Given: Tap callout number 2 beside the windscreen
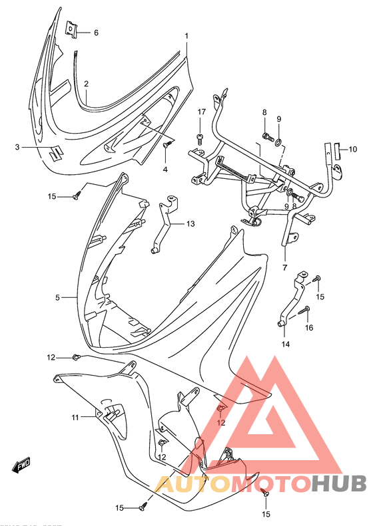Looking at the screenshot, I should [87, 84].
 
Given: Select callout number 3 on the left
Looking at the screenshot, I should [18, 146].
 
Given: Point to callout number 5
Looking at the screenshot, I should [57, 297].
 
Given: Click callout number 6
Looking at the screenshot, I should [95, 33].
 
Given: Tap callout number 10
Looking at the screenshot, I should [353, 149].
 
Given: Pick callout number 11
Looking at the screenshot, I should [76, 417].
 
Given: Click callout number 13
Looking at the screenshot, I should [190, 224].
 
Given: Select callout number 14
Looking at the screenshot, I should [286, 344].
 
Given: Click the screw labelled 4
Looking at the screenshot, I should [167, 143].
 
